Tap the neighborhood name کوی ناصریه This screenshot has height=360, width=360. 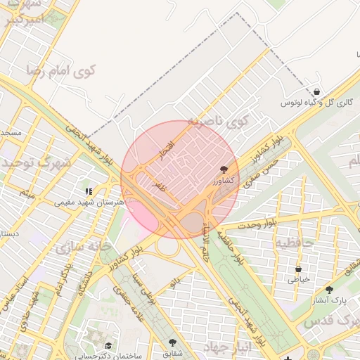click(219, 122)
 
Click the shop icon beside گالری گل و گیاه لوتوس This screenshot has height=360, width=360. click(317, 91)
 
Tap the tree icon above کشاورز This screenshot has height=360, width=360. click(224, 169)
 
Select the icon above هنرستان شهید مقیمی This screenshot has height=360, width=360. click(89, 191)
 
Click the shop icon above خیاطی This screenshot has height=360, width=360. click(298, 268)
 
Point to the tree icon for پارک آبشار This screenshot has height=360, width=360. click(329, 289)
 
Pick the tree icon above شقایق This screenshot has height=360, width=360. click(172, 342)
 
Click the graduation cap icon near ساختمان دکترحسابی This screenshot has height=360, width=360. click(109, 345)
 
